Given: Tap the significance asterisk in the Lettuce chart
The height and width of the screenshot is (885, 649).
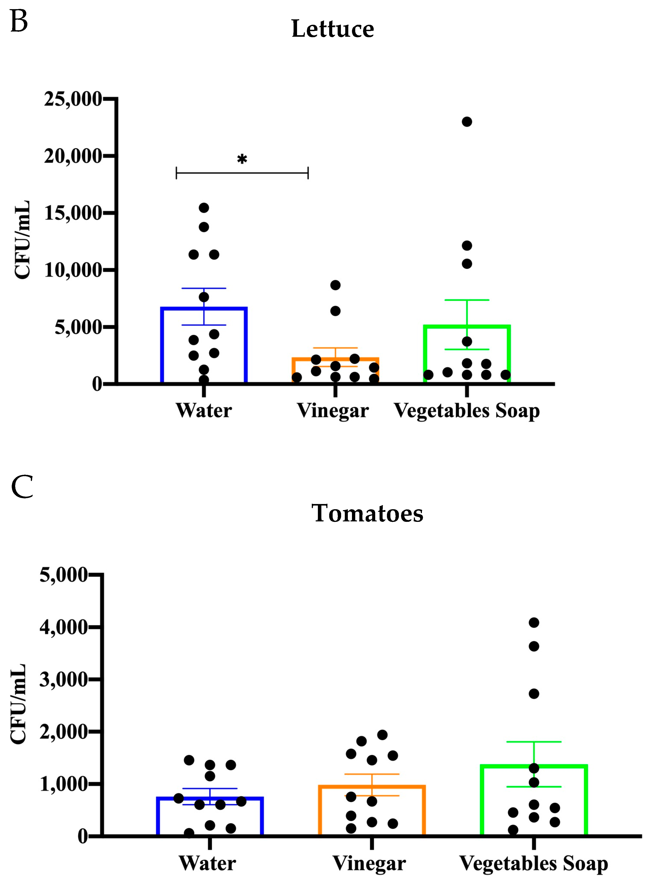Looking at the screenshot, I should tap(242, 160).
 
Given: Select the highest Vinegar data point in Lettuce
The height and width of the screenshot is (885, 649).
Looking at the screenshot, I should tap(335, 285).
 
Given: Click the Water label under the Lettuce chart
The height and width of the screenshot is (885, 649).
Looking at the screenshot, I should tap(203, 411).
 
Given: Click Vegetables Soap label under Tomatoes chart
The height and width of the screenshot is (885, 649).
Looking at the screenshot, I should tap(533, 864).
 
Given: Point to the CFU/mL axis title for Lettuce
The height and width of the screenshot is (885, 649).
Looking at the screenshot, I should tap(22, 240).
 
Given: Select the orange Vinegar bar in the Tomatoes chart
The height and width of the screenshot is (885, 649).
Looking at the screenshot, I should tap(372, 810).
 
